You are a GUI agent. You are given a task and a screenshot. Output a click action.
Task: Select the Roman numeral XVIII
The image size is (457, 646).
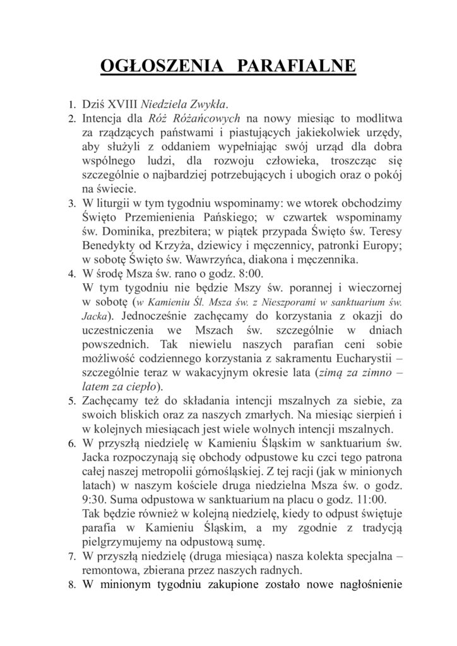121,103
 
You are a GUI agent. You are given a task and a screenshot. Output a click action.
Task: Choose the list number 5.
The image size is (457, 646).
71,401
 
